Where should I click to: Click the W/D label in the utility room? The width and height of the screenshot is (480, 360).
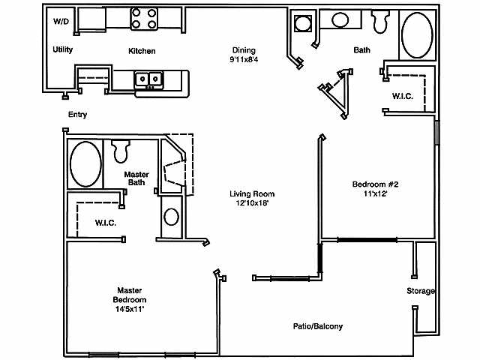click(60, 22)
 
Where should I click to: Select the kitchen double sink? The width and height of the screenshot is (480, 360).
click(148, 78)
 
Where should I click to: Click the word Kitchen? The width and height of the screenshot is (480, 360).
click(142, 51)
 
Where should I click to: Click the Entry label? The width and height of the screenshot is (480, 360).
click(77, 115)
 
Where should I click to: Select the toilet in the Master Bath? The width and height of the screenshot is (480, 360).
click(121, 151)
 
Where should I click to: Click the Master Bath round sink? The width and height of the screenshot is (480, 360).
click(171, 217)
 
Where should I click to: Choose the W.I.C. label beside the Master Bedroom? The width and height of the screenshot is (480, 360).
click(104, 223)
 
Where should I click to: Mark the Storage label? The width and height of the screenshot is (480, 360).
click(421, 291)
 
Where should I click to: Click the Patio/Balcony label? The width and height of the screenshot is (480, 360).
click(318, 326)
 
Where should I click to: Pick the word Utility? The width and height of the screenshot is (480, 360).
click(62, 49)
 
